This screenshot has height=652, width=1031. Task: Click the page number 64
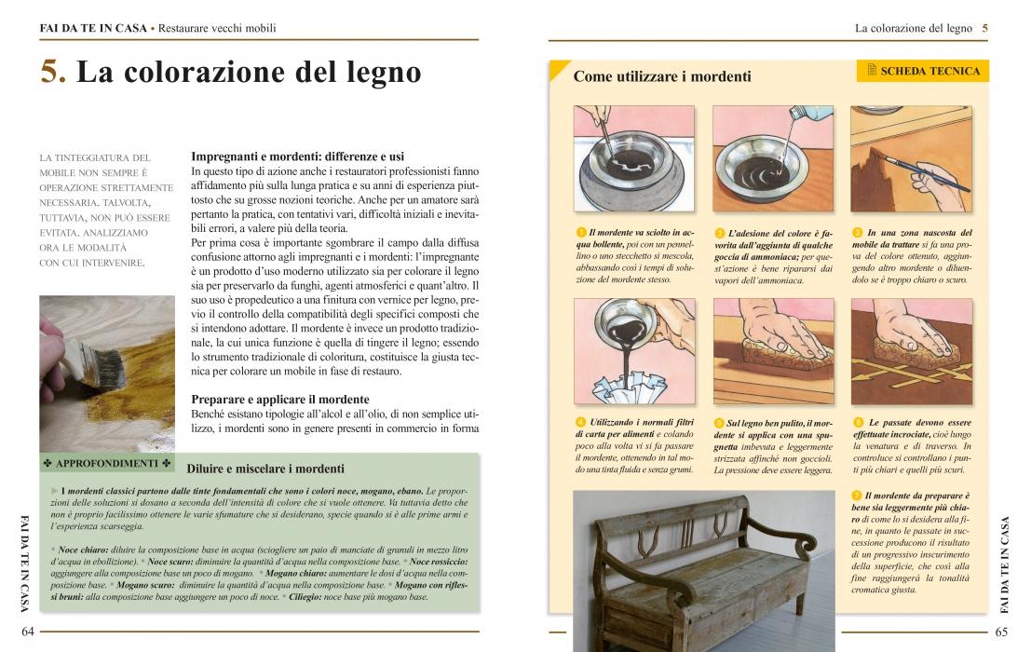tap(28, 632)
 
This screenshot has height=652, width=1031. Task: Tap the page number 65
tap(1001, 632)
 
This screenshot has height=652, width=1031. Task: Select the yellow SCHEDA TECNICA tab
tap(923, 71)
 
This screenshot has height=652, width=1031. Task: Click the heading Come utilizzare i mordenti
tap(662, 76)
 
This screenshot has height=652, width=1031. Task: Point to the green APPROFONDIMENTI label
tap(106, 463)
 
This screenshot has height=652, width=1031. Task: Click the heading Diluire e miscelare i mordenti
tap(265, 469)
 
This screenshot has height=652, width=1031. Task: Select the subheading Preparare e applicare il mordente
tap(280, 399)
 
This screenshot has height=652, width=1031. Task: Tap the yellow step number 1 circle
tap(581, 232)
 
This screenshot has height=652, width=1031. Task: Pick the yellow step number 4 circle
tap(580, 422)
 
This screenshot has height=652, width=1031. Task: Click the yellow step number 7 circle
tap(857, 496)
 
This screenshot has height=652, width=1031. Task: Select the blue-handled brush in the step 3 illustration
tap(927, 173)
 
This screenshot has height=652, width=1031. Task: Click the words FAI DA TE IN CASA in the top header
tap(93, 28)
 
